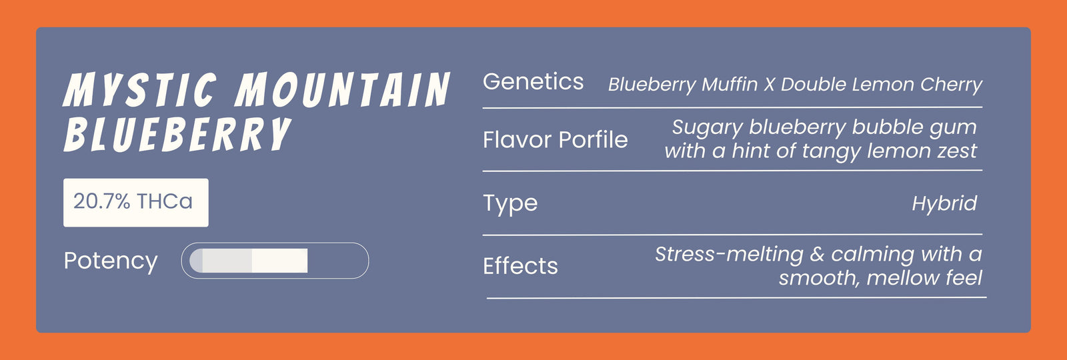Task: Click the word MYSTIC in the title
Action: [140, 89]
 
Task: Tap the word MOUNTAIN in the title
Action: [343, 89]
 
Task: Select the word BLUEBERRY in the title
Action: [177, 134]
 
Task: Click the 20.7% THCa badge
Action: [136, 203]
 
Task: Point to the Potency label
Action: [111, 261]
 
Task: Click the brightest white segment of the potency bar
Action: [279, 261]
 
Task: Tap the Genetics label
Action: [533, 81]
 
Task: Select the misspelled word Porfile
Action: [593, 139]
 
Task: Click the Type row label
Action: [510, 204]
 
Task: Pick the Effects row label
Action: [520, 266]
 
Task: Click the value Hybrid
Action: [944, 204]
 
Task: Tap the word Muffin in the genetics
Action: [730, 84]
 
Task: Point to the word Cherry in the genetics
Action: [951, 85]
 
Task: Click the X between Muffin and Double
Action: [769, 85]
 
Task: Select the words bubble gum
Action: [914, 127]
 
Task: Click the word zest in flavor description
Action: [957, 151]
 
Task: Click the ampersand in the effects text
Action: [817, 254]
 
